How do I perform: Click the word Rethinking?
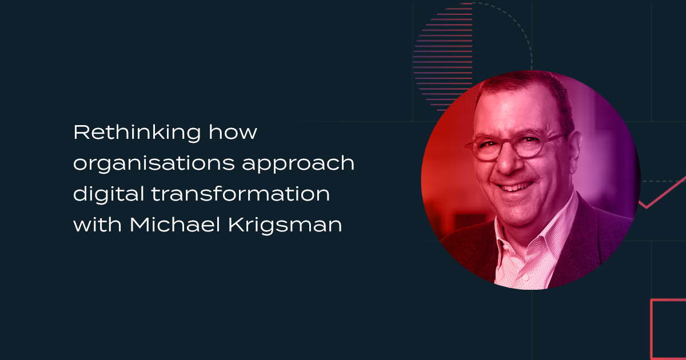pyautogui.click(x=137, y=133)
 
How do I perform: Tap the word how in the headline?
pyautogui.click(x=233, y=132)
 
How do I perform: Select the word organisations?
pyautogui.click(x=154, y=164)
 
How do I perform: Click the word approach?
pyautogui.click(x=298, y=164)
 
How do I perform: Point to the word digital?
pyautogui.click(x=109, y=194)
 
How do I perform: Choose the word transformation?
pyautogui.click(x=241, y=194)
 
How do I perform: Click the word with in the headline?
pyautogui.click(x=98, y=225)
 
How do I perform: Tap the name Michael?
pyautogui.click(x=175, y=225)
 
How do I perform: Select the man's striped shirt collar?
pyautogui.click(x=539, y=233)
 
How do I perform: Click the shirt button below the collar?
pyautogui.click(x=524, y=278)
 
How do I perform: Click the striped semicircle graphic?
pyautogui.click(x=443, y=57)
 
